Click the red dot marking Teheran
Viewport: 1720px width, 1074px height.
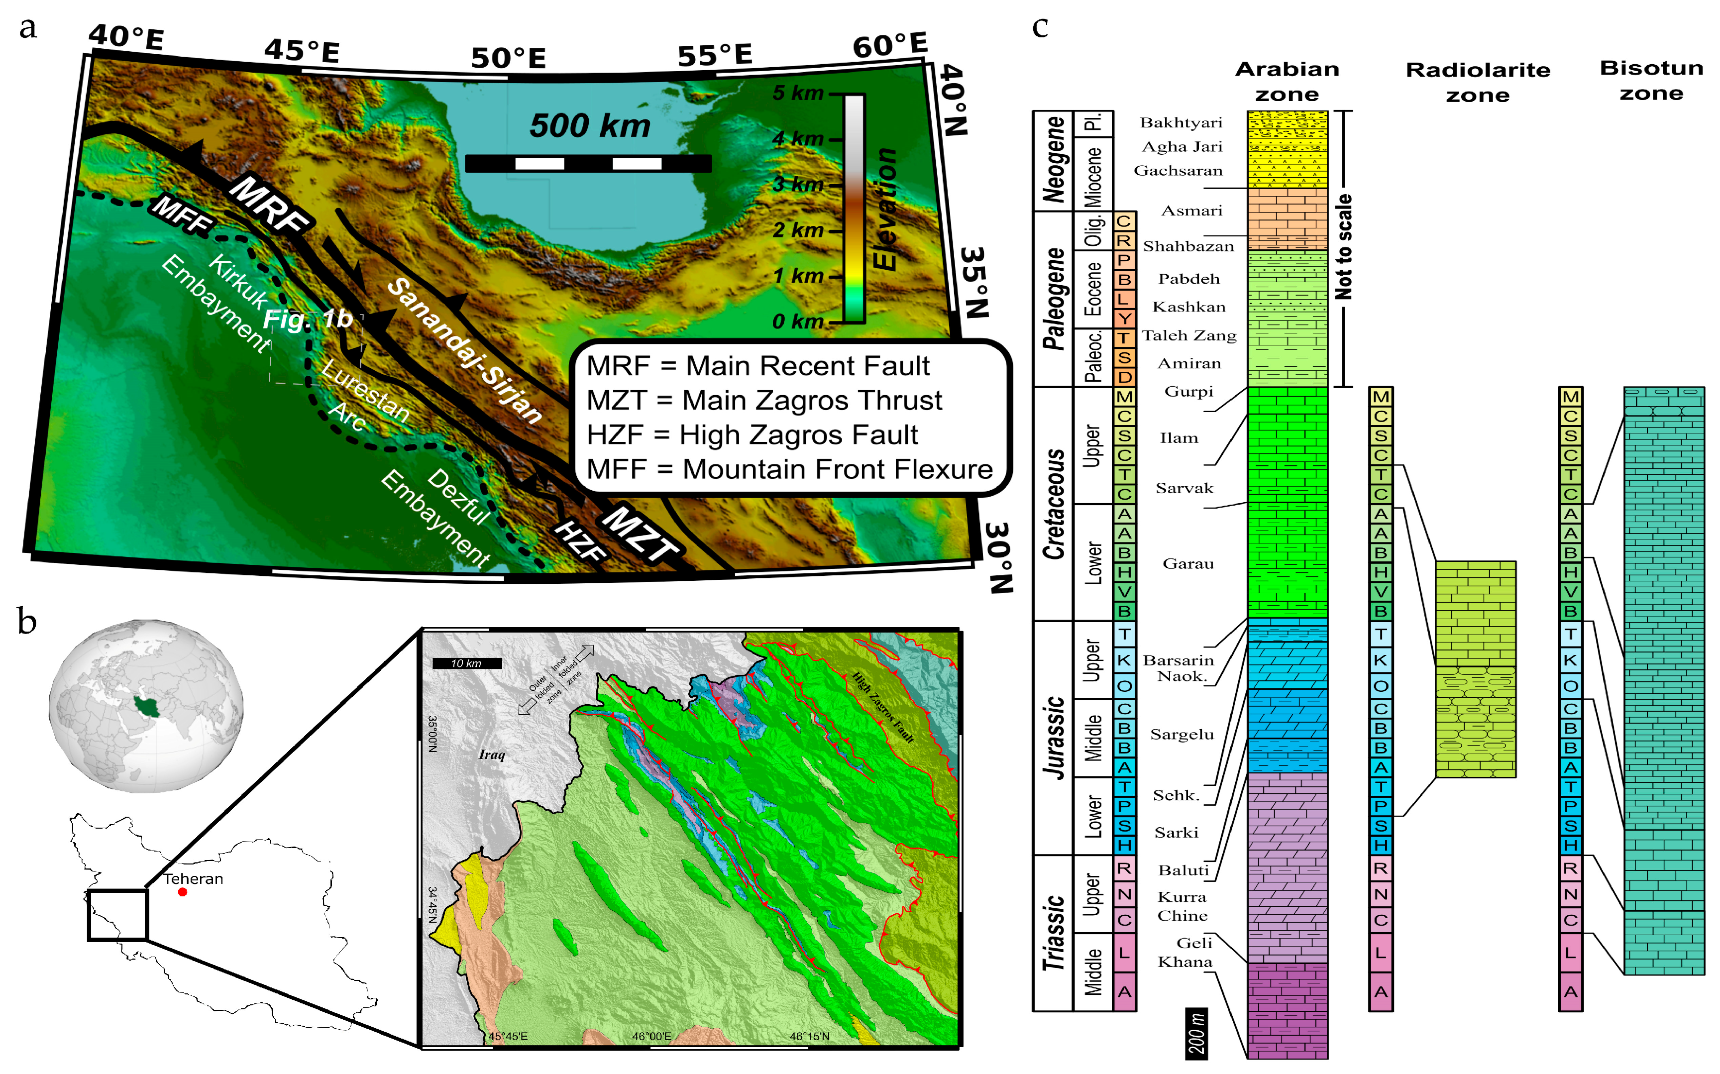183,891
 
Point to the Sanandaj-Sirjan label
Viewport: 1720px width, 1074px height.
465,351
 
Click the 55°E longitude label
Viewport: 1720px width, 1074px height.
714,55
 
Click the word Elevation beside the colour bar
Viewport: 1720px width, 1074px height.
885,209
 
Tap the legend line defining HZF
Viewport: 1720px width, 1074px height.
752,434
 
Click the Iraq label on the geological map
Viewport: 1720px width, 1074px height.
491,754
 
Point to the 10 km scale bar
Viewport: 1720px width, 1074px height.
466,663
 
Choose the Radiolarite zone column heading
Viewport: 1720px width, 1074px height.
1477,82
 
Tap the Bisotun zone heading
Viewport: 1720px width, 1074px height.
1651,80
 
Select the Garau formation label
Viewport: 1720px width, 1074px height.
1187,564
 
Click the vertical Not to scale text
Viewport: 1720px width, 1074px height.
1344,246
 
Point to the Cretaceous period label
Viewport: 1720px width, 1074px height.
1054,504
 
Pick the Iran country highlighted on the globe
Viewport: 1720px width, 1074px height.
145,705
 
